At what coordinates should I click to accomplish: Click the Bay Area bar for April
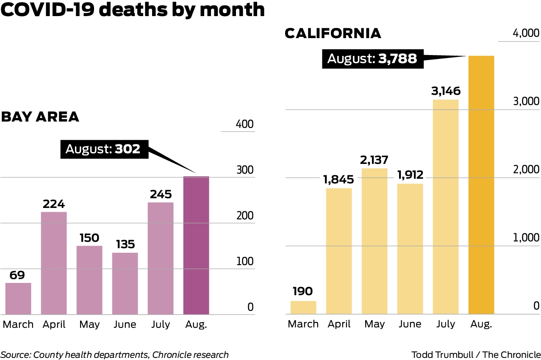[54, 263]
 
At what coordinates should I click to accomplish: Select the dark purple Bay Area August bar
[196, 246]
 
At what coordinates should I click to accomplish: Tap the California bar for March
[303, 307]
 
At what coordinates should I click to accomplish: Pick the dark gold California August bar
[481, 185]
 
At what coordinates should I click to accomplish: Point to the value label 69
[17, 275]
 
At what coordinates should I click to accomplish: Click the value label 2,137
[375, 160]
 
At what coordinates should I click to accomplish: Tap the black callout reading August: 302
[104, 149]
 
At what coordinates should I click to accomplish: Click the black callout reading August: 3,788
[372, 58]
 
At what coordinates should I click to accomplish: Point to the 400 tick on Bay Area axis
[245, 125]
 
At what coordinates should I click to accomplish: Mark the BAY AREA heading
[40, 116]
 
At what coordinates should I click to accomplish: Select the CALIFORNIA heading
[333, 33]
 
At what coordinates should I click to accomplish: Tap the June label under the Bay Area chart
[125, 324]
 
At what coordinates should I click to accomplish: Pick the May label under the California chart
[375, 324]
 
